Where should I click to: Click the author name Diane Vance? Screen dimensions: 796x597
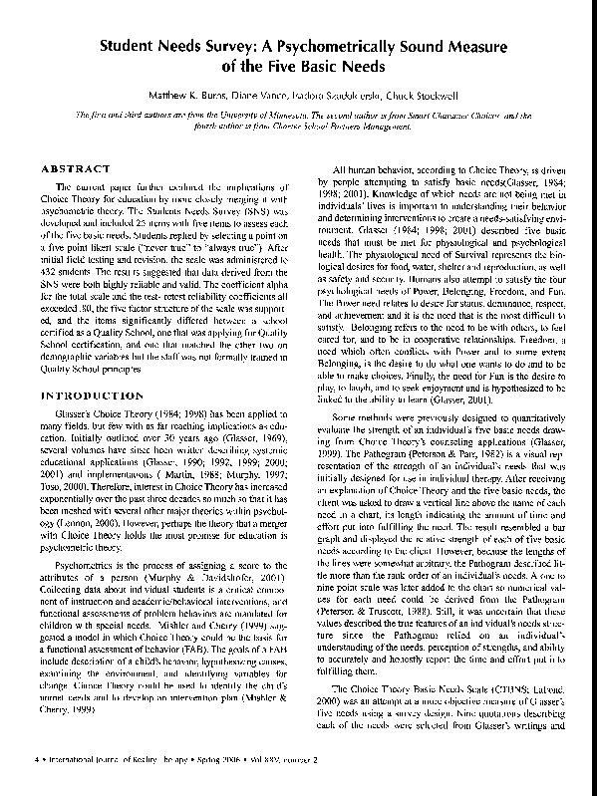[x=260, y=98]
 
